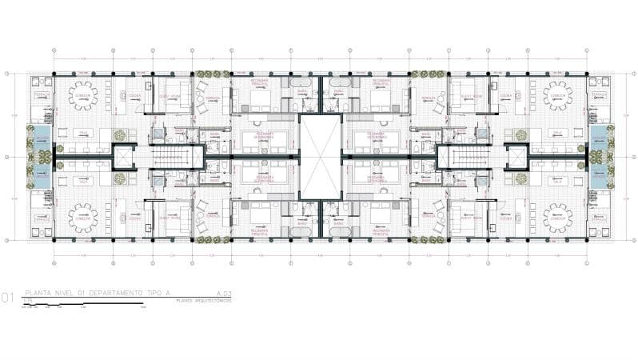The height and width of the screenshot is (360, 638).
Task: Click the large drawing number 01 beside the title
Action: pyautogui.click(x=7, y=298)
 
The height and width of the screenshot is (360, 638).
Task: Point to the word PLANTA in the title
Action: pyautogui.click(x=38, y=294)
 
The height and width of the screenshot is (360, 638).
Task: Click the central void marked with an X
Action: pyautogui.click(x=319, y=156)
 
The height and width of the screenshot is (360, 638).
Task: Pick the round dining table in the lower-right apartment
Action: pyautogui.click(x=556, y=218)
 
